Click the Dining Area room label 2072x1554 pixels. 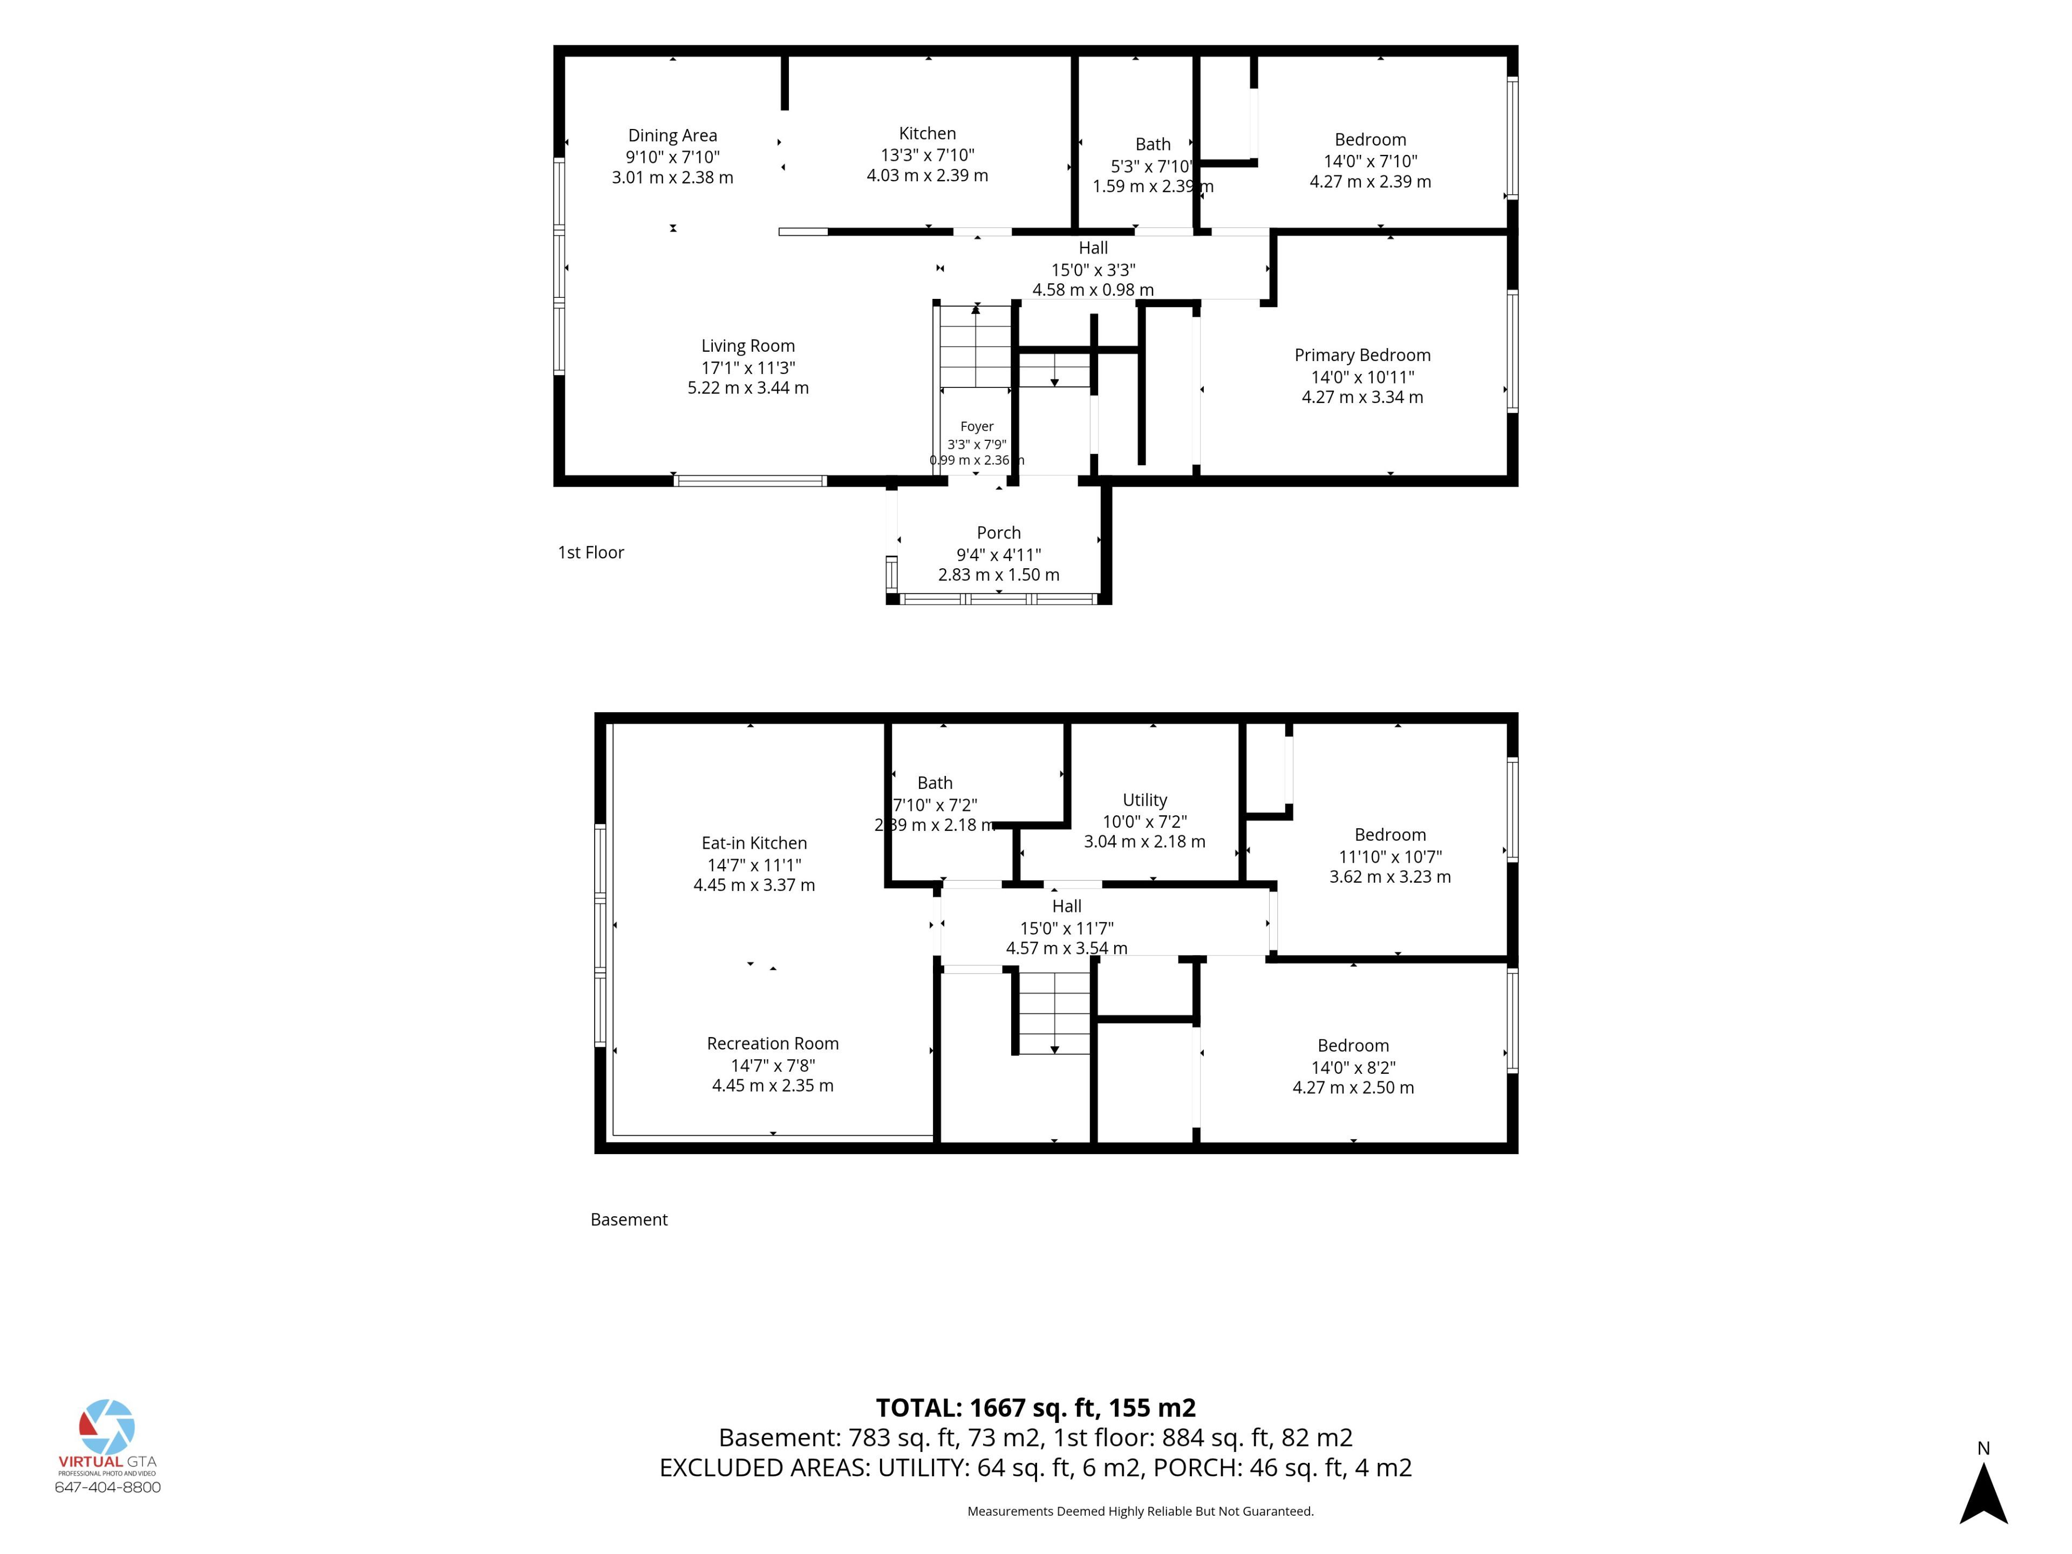(672, 136)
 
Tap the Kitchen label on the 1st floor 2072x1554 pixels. (928, 134)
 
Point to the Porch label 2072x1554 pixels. (999, 533)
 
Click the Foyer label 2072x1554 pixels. (977, 426)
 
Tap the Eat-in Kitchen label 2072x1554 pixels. (754, 843)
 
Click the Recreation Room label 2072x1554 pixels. (773, 1044)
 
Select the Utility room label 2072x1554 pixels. (1144, 800)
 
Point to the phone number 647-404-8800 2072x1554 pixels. (108, 1488)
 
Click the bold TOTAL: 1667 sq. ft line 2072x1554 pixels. (1036, 1408)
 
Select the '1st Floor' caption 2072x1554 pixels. (590, 553)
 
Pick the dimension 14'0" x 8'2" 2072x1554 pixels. (1353, 1068)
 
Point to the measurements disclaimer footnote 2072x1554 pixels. (1140, 1511)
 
